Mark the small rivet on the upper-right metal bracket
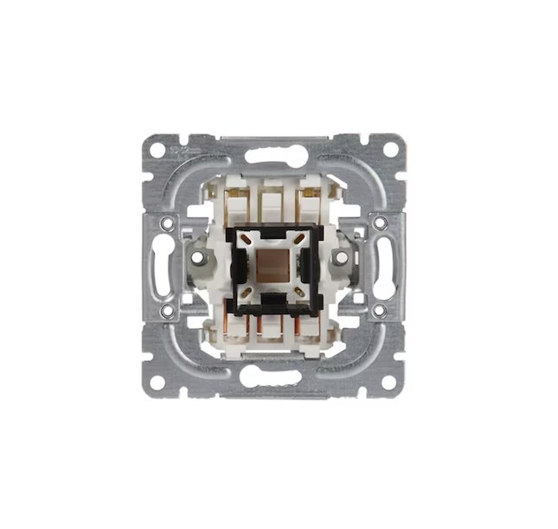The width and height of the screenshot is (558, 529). click(380, 223)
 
